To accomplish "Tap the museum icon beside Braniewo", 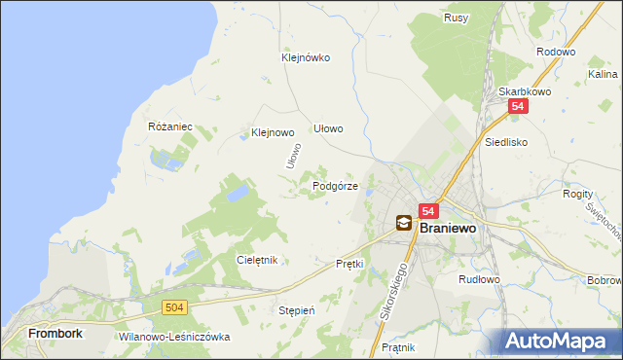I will (x=403, y=224).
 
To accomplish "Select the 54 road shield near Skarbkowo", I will (x=518, y=108).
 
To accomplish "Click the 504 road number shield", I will (x=174, y=307).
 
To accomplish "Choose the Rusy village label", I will (x=456, y=18).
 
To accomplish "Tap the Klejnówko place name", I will (x=306, y=57).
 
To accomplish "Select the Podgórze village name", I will (x=336, y=186).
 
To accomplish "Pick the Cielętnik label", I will (x=258, y=260).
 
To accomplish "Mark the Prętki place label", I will (x=349, y=264).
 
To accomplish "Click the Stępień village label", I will (x=297, y=310).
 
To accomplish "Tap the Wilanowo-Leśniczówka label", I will (x=173, y=337).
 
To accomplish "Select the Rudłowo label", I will (x=479, y=279).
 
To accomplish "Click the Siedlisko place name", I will (x=506, y=141).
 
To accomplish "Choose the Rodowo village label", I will (x=556, y=53).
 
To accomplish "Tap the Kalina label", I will (x=603, y=74).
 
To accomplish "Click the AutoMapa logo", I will (x=560, y=341).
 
